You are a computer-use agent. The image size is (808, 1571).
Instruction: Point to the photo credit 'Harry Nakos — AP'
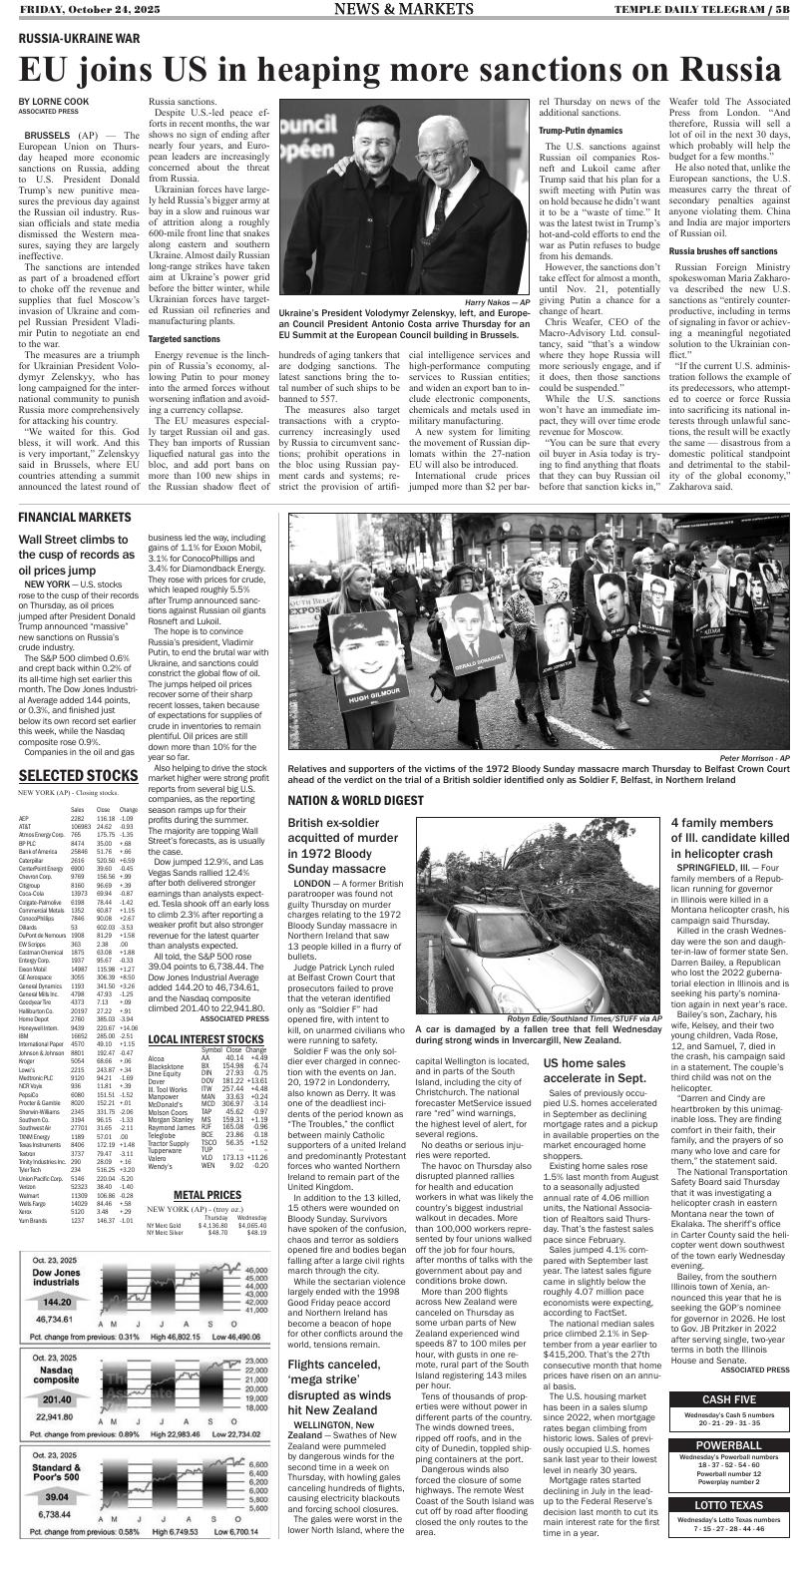tap(496, 301)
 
